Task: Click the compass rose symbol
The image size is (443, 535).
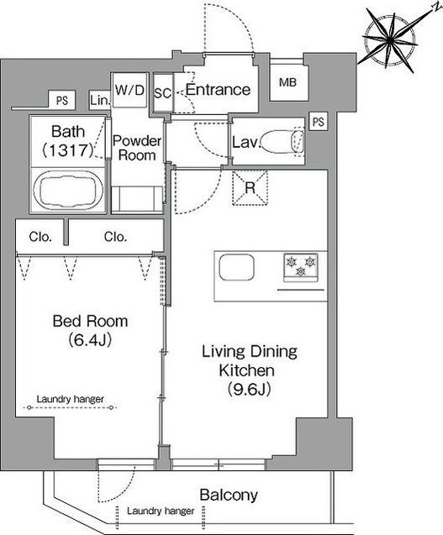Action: pyautogui.click(x=390, y=40)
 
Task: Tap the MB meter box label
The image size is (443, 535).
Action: pyautogui.click(x=287, y=82)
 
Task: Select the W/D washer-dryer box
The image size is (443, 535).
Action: pyautogui.click(x=129, y=90)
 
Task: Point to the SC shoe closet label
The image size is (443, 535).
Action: pyautogui.click(x=162, y=92)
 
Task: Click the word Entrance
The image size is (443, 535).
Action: pyautogui.click(x=218, y=89)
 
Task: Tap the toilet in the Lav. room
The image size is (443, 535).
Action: pyautogui.click(x=282, y=141)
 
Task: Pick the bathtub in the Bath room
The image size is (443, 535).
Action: pyautogui.click(x=67, y=190)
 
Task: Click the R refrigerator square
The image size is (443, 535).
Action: pyautogui.click(x=250, y=188)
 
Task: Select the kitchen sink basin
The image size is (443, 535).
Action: pyautogui.click(x=237, y=267)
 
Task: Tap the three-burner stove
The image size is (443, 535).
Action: pyautogui.click(x=301, y=267)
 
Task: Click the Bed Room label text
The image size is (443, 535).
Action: pyautogui.click(x=90, y=321)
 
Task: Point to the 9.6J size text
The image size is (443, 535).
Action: pyautogui.click(x=250, y=389)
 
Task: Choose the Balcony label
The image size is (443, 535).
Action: pyautogui.click(x=229, y=495)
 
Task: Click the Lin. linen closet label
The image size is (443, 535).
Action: pyautogui.click(x=100, y=100)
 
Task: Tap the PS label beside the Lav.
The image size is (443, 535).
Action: pyautogui.click(x=319, y=122)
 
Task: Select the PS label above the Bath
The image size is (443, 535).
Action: pyautogui.click(x=62, y=100)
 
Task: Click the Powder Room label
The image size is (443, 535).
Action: pyautogui.click(x=137, y=148)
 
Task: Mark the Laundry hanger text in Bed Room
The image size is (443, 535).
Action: pyautogui.click(x=70, y=399)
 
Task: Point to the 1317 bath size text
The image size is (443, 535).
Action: pyautogui.click(x=68, y=150)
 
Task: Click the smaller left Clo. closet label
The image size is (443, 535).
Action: pyautogui.click(x=40, y=237)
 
